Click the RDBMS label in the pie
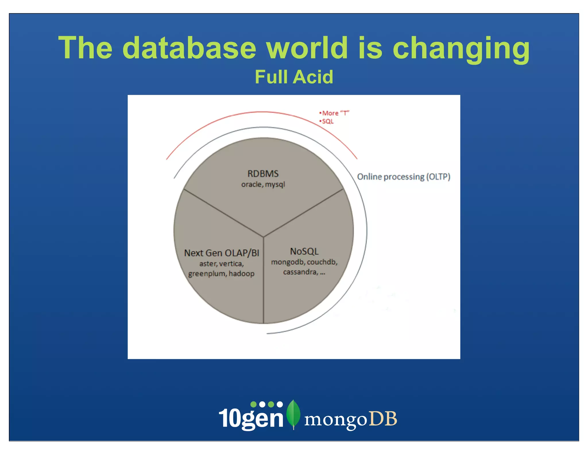(x=263, y=174)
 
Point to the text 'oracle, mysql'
(x=263, y=184)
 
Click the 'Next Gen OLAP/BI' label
(x=221, y=253)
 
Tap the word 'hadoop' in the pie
(x=241, y=273)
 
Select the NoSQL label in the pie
(x=304, y=251)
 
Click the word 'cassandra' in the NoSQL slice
(x=300, y=272)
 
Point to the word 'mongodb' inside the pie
(x=288, y=262)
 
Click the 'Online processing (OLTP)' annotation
(x=403, y=176)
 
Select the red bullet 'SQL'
(x=327, y=121)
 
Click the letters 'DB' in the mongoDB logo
(x=383, y=419)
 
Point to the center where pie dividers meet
(x=264, y=237)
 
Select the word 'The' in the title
(x=85, y=48)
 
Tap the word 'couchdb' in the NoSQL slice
(x=322, y=262)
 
